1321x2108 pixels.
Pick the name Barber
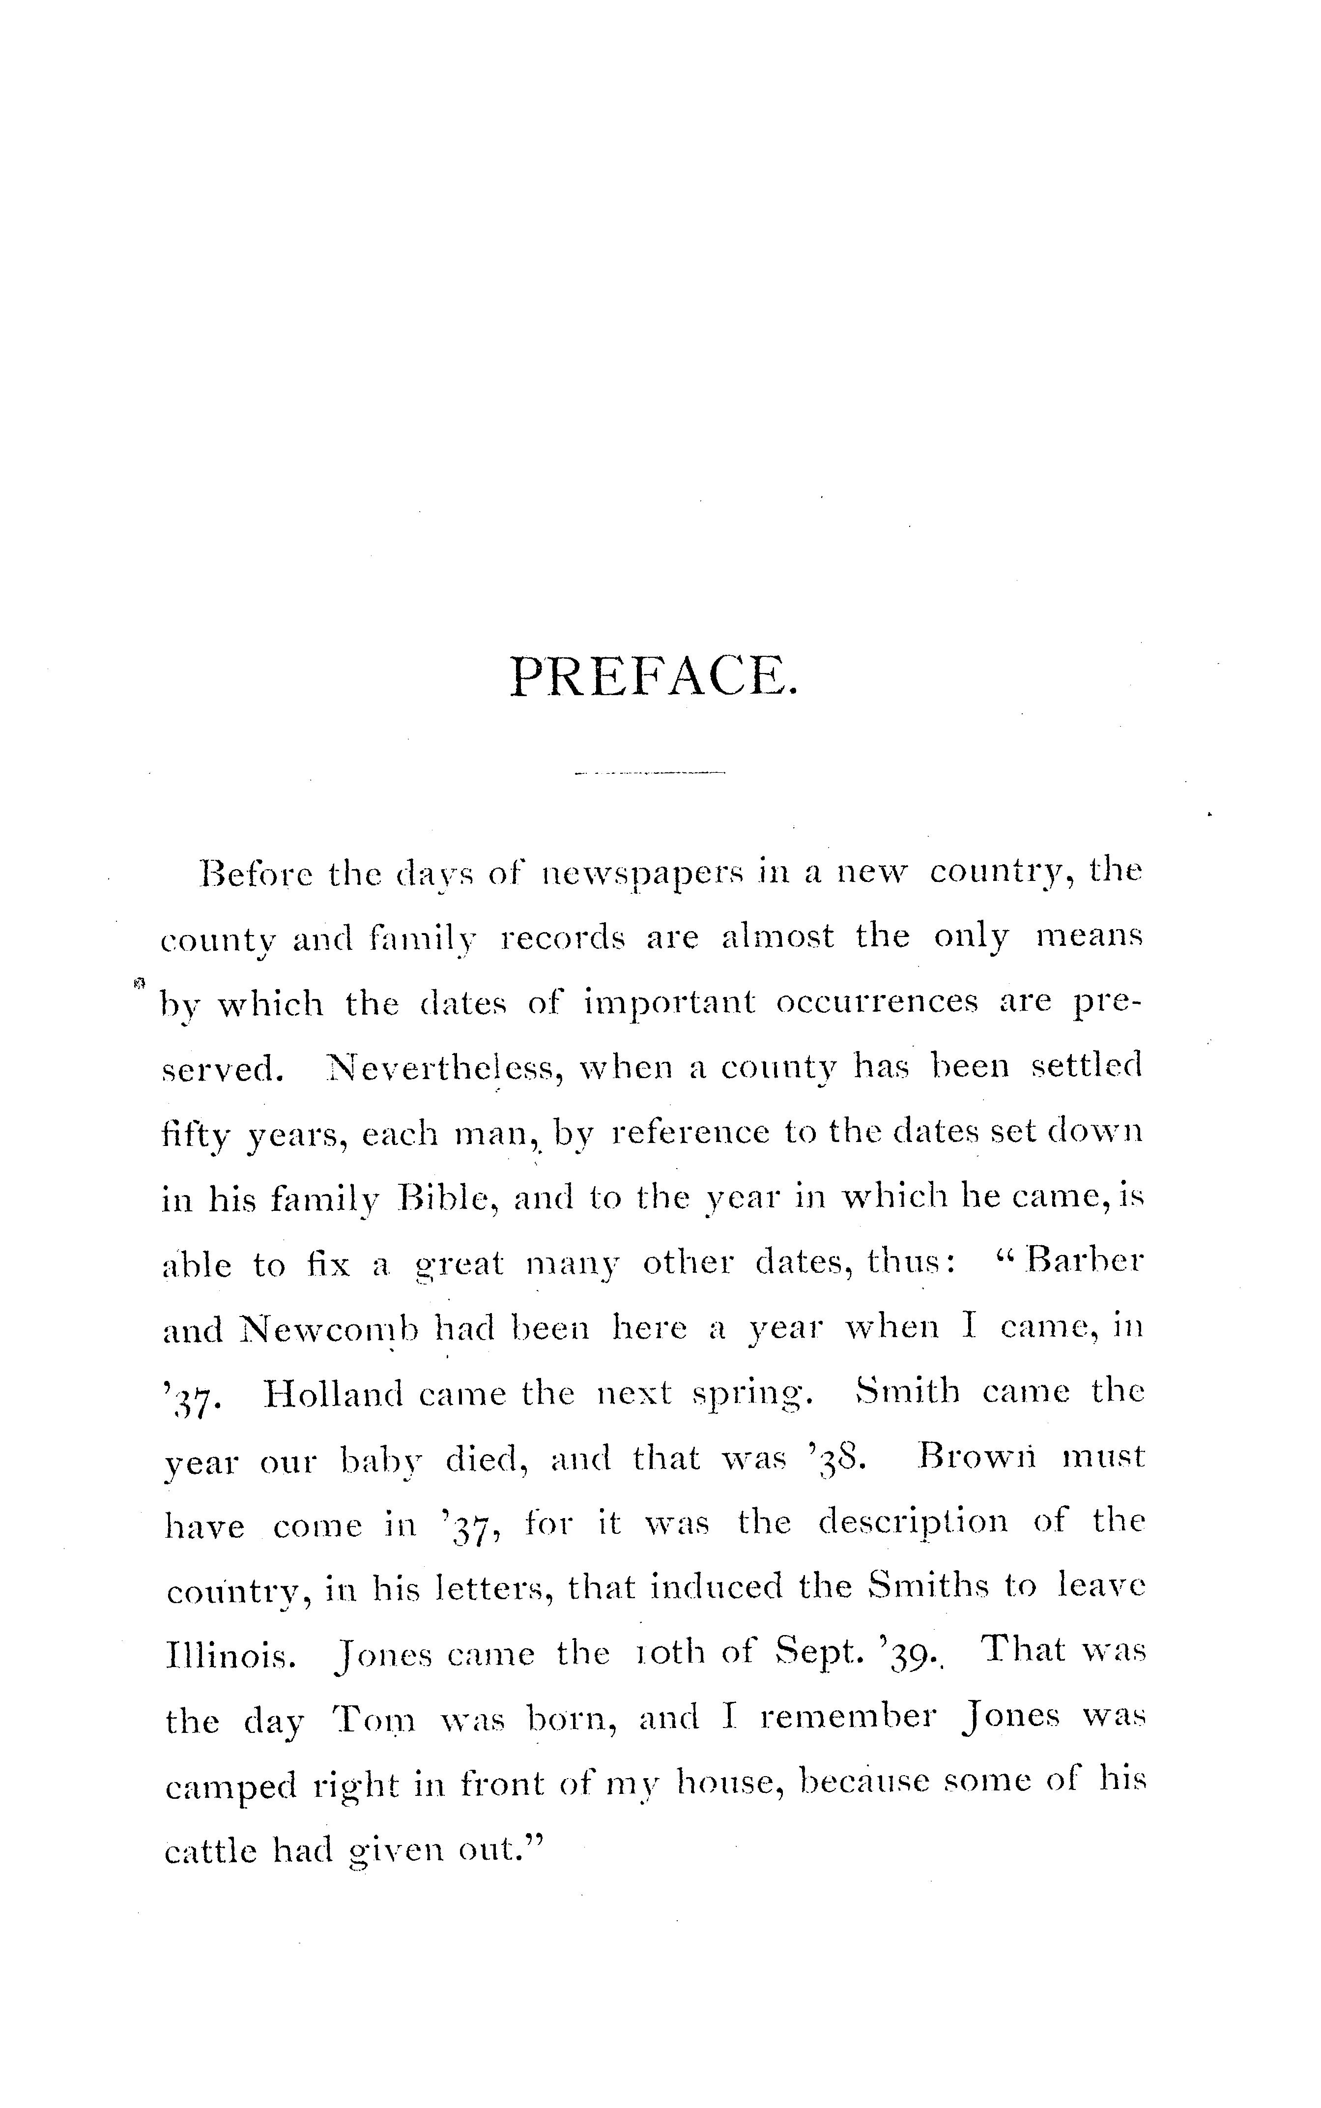click(x=1083, y=1263)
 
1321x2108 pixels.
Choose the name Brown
click(x=977, y=1457)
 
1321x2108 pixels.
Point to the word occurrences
click(x=875, y=1002)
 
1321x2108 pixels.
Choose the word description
click(x=912, y=1522)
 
